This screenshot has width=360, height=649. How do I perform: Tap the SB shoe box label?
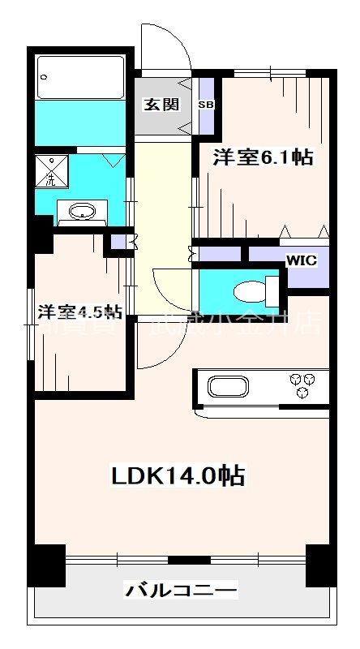click(x=205, y=105)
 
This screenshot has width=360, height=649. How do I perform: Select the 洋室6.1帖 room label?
click(x=262, y=157)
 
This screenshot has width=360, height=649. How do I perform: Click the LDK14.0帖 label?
click(x=178, y=475)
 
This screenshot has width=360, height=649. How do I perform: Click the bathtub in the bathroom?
click(x=79, y=76)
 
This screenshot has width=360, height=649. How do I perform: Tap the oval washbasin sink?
click(x=81, y=213)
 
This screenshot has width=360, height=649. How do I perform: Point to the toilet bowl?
click(x=246, y=290)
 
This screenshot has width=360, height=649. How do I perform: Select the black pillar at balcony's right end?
click(x=320, y=566)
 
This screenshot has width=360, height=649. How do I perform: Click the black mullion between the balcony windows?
click(x=180, y=559)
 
